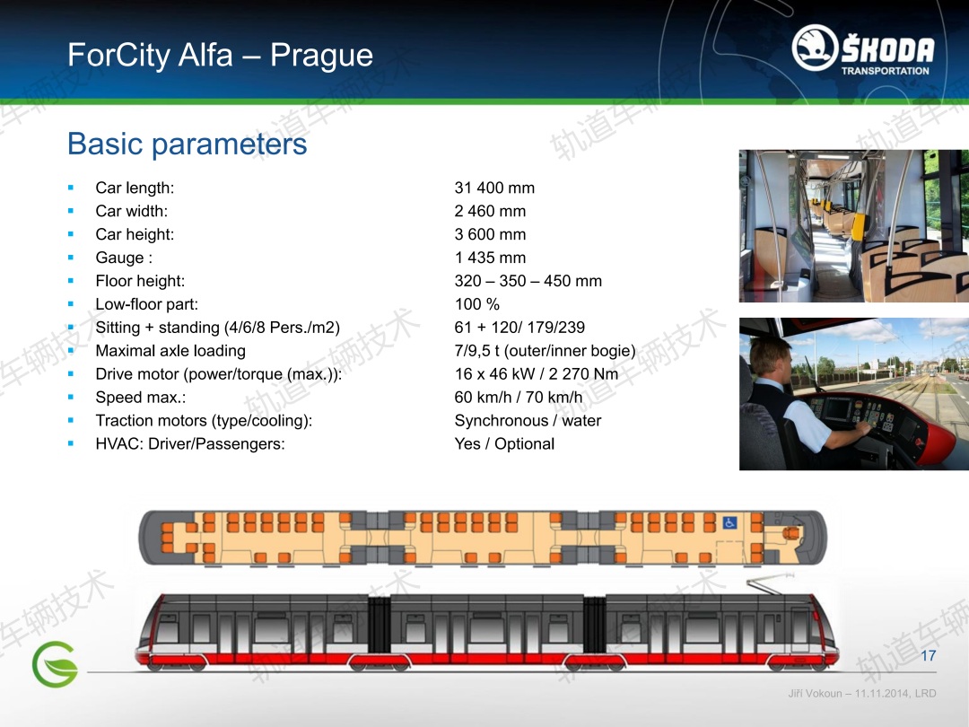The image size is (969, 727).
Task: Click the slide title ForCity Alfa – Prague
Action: click(220, 55)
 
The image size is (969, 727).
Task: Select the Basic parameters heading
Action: click(187, 144)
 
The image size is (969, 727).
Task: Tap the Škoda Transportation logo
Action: click(863, 49)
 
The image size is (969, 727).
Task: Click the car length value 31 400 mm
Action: click(494, 188)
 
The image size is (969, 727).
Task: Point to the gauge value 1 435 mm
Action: click(490, 258)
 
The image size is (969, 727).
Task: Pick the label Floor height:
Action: click(140, 281)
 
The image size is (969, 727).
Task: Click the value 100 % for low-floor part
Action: click(477, 304)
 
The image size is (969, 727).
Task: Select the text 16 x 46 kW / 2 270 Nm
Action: click(537, 374)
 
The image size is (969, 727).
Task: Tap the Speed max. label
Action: click(141, 398)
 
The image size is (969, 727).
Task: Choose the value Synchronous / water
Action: click(528, 421)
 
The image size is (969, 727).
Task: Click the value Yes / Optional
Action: click(504, 444)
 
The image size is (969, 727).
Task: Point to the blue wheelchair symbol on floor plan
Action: click(729, 523)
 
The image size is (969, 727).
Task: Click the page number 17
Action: click(929, 656)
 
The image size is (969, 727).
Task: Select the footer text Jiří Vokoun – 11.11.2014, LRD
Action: click(862, 694)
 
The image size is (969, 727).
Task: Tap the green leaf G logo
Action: click(55, 664)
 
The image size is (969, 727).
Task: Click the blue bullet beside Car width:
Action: click(71, 212)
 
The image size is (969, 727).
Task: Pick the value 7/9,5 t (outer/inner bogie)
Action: click(546, 351)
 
